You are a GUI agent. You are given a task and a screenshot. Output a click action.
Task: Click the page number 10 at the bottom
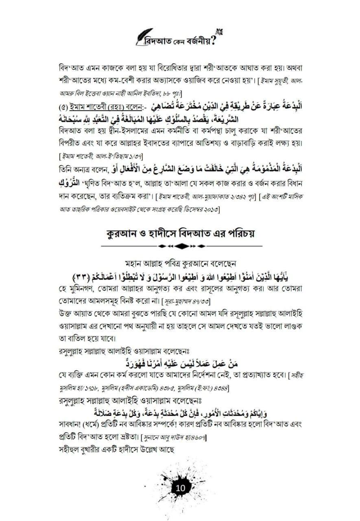tap(180, 488)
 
